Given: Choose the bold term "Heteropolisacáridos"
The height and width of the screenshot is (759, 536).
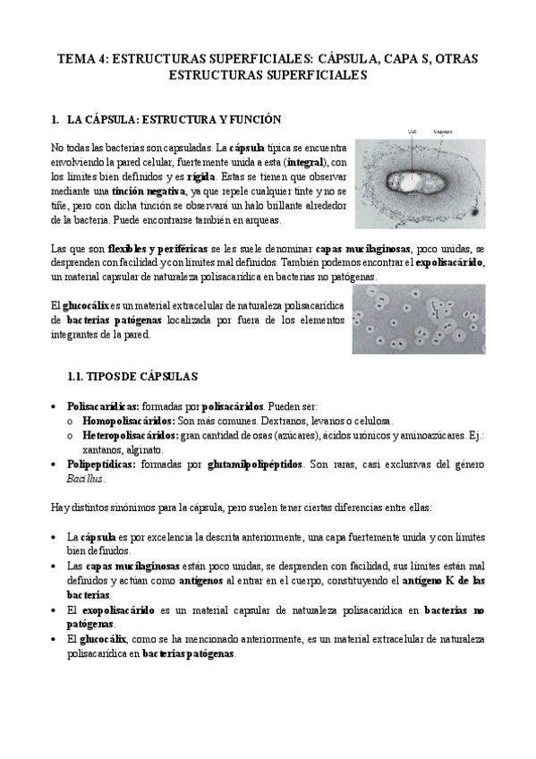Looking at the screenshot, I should point(130,435).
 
